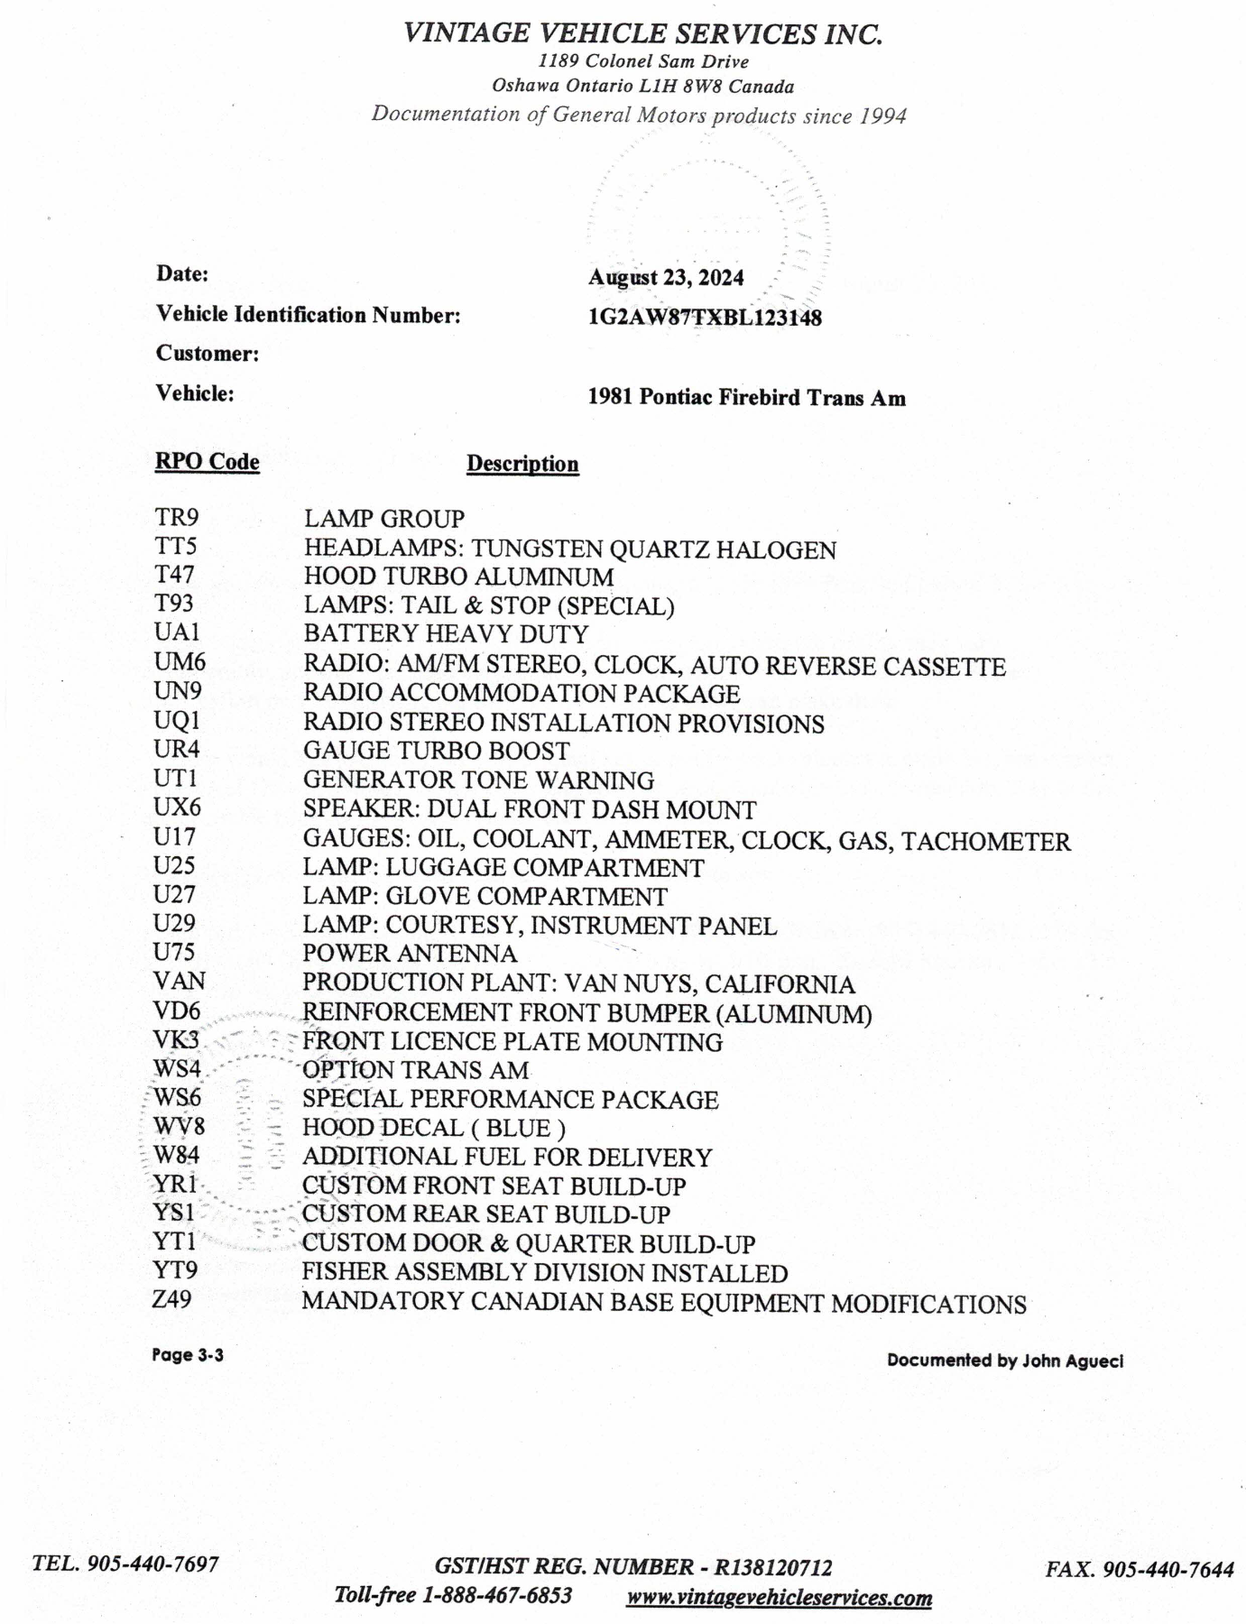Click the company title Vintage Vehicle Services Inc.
tap(642, 34)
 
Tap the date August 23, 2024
tap(666, 277)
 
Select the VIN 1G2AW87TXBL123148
tap(705, 318)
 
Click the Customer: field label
tap(208, 354)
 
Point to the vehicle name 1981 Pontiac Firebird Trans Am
tap(746, 398)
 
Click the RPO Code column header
tap(208, 462)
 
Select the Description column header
tap(522, 464)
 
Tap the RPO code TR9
tap(176, 518)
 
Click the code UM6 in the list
tap(180, 662)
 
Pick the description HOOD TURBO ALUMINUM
tap(458, 577)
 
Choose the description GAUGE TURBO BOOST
tap(436, 751)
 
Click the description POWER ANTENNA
tap(410, 954)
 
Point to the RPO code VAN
tap(180, 981)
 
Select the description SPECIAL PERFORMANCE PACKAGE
tap(510, 1100)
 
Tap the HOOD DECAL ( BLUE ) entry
tap(434, 1129)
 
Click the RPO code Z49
tap(172, 1300)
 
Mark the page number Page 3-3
tap(188, 1355)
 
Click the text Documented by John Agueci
tap(1004, 1361)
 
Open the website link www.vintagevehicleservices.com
tap(779, 1598)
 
